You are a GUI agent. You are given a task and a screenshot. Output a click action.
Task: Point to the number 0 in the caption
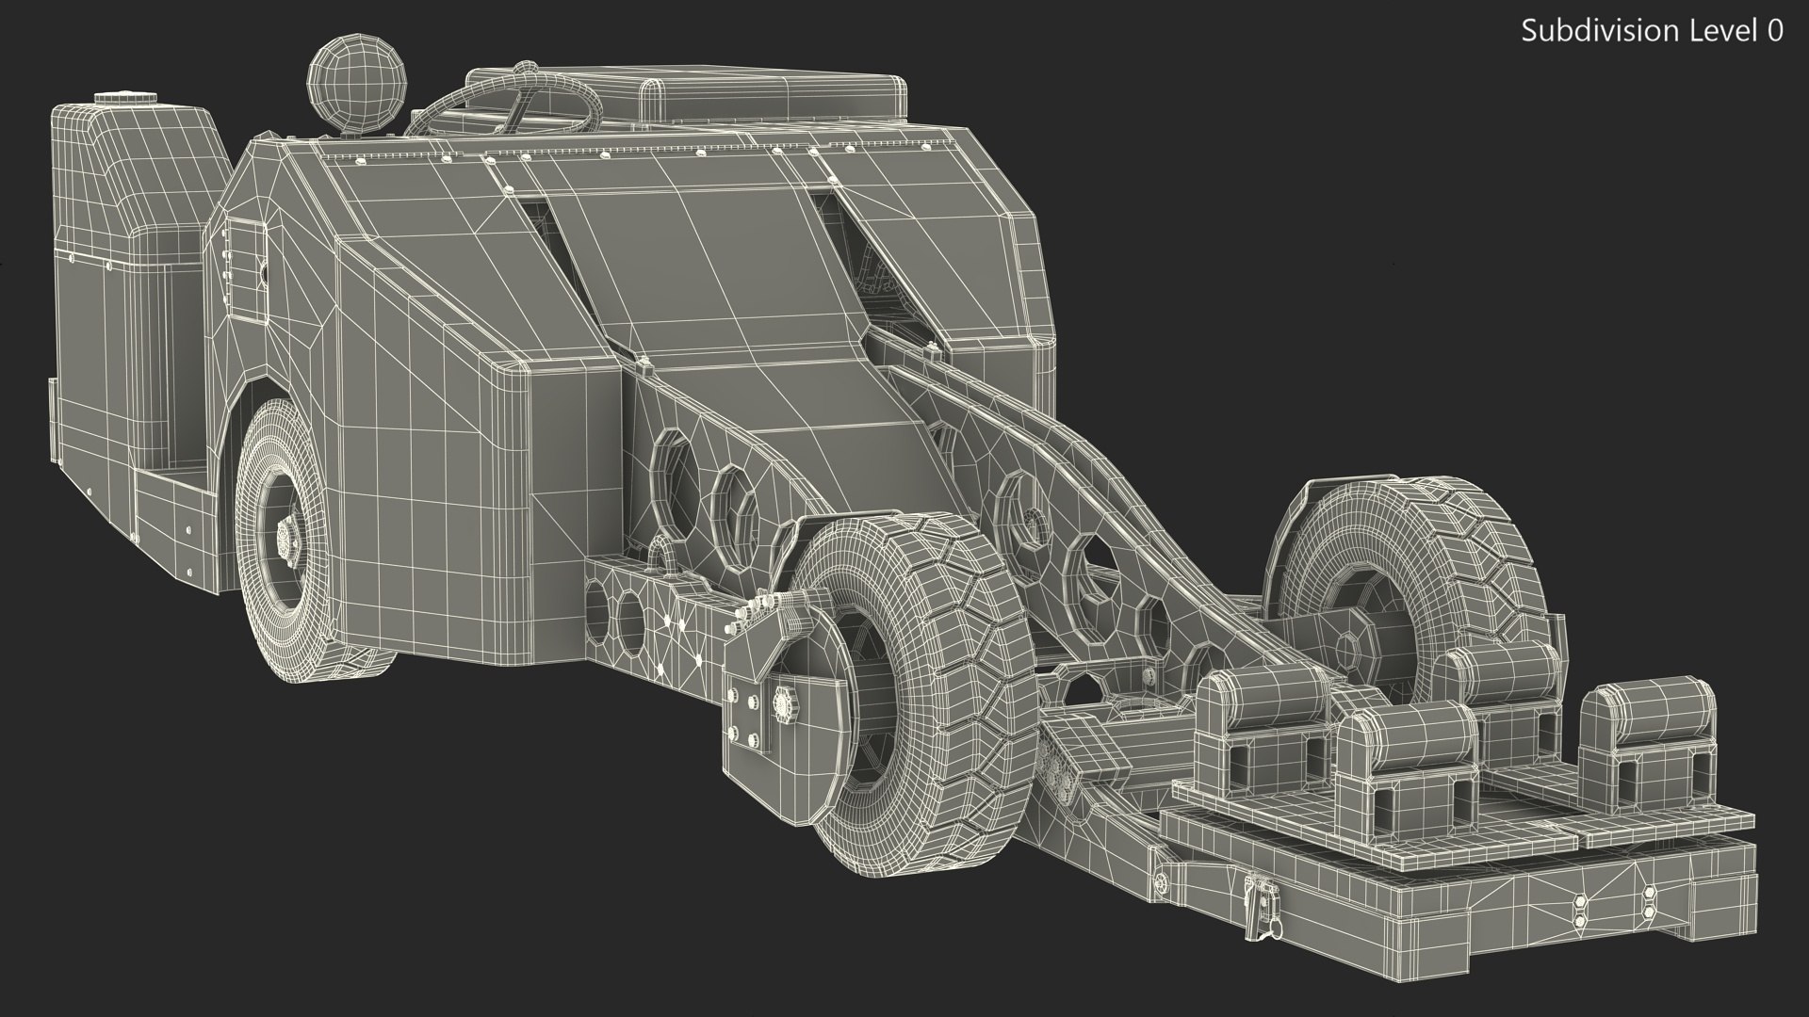pyautogui.click(x=1772, y=31)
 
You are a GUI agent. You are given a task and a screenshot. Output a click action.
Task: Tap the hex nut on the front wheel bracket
pyautogui.click(x=781, y=702)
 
